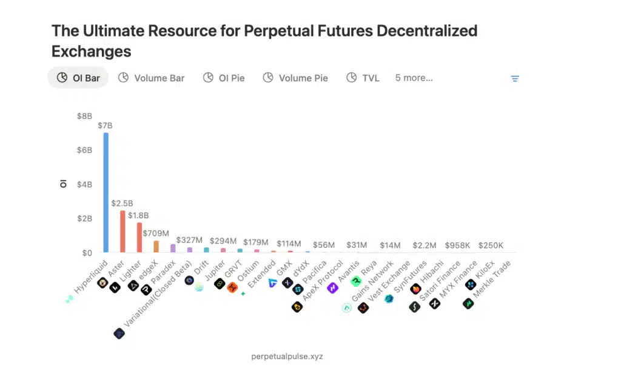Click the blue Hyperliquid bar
(106, 192)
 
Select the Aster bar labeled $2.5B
(123, 231)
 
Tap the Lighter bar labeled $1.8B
(139, 237)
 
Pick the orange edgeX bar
(156, 246)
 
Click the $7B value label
(105, 126)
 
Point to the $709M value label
(156, 233)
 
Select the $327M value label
(189, 241)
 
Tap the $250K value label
(491, 245)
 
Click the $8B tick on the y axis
(84, 116)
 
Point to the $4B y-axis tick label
(84, 184)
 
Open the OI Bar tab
(78, 78)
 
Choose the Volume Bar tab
(152, 78)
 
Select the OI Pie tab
(224, 78)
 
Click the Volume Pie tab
(295, 78)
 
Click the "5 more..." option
(414, 78)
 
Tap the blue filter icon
(515, 78)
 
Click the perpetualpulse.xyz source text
(287, 356)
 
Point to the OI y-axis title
(64, 183)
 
